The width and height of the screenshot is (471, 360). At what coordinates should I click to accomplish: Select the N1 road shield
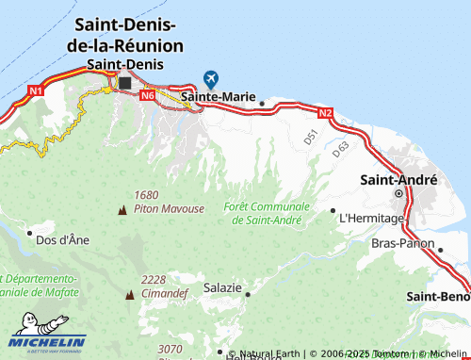tap(36, 90)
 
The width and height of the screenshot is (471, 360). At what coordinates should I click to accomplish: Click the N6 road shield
tap(147, 95)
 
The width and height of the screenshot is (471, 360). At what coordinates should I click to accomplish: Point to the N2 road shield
tap(325, 113)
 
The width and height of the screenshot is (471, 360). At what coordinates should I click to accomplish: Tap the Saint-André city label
tap(398, 179)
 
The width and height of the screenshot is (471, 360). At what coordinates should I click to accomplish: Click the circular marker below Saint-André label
tap(398, 194)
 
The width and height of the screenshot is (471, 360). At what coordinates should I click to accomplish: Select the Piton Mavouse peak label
tap(169, 207)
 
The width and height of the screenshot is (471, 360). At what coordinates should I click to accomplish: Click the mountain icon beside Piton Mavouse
tap(121, 208)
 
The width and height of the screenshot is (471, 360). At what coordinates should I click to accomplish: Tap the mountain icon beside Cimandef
tap(129, 294)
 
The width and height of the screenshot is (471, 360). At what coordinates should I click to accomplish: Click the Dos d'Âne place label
tap(62, 240)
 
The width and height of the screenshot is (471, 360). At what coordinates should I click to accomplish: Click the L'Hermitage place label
tap(371, 218)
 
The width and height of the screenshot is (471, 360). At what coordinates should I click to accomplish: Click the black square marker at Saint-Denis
tap(124, 82)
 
